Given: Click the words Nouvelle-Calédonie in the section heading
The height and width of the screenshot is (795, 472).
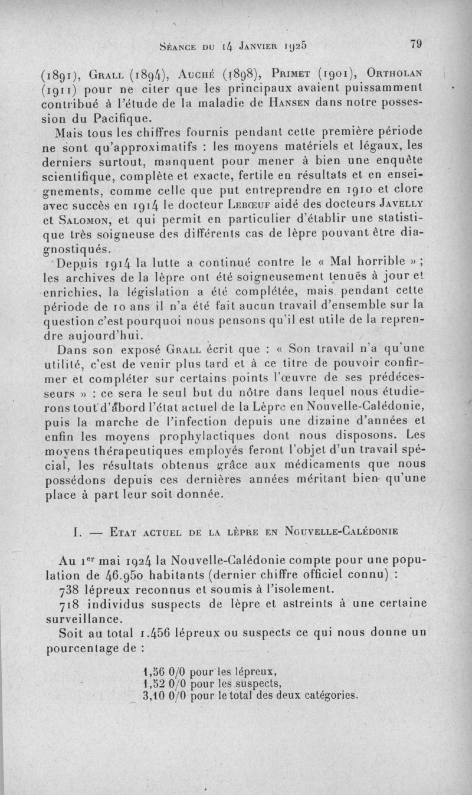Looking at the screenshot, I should click(x=343, y=529).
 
